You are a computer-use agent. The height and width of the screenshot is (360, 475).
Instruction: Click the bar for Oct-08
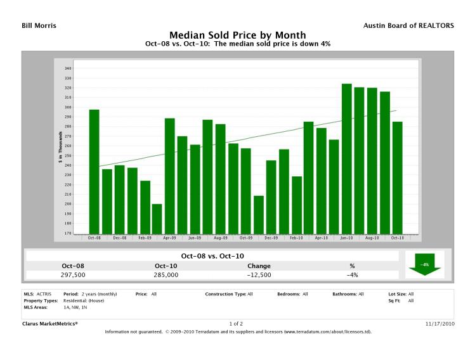click(94, 171)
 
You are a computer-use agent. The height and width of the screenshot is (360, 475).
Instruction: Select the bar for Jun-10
click(346, 158)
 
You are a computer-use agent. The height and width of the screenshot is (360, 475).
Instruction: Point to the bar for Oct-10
click(397, 177)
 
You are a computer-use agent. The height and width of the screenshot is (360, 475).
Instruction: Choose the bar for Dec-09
click(271, 196)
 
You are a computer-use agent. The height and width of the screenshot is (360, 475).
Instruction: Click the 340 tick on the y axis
click(68, 68)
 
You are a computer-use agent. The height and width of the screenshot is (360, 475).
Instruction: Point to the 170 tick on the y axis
click(68, 233)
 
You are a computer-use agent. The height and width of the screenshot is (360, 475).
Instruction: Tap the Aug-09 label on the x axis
click(220, 238)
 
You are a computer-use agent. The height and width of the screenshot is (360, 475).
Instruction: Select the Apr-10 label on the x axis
click(322, 238)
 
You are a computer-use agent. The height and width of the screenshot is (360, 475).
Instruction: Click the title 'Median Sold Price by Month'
click(237, 35)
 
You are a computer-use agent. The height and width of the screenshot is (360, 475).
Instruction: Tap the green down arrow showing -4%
click(424, 264)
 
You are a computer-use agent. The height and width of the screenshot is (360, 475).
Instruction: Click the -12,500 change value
click(259, 275)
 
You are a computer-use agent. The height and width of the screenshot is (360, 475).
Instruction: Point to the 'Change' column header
click(259, 266)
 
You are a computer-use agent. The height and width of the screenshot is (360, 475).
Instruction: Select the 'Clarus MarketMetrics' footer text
click(49, 323)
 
